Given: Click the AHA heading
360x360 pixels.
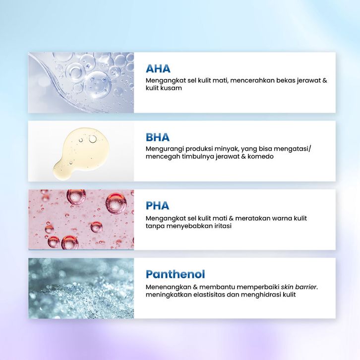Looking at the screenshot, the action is (x=158, y=68).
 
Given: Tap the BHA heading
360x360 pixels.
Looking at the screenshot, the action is (x=158, y=137).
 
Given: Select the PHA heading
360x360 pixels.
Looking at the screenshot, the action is (x=157, y=206).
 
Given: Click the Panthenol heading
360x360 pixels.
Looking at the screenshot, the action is (x=175, y=274).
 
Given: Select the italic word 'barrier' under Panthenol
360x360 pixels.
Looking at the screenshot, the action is (x=306, y=287).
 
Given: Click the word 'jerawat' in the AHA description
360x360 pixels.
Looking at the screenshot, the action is (x=307, y=81).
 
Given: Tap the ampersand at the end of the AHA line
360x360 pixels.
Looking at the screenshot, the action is (x=324, y=81).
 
